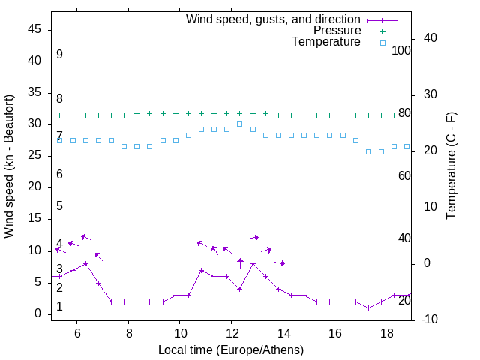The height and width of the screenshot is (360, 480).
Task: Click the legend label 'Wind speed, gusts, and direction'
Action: [273, 19]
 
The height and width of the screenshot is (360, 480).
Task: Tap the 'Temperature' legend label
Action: [326, 43]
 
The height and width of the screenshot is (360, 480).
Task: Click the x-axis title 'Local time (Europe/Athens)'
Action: [231, 349]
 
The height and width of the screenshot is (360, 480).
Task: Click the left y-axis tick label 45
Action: [34, 29]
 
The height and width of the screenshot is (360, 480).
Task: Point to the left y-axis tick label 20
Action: [34, 187]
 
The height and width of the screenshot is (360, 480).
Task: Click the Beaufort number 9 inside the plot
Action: [59, 55]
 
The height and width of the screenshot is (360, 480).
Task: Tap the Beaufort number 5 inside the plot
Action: [59, 206]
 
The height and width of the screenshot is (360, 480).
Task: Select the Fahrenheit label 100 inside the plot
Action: [402, 50]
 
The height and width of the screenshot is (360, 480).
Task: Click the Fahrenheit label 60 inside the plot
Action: [404, 175]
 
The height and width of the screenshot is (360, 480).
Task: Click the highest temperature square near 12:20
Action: [240, 124]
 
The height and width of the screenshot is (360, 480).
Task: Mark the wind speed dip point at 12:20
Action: [240, 289]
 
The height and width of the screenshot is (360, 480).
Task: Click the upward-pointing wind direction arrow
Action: [240, 262]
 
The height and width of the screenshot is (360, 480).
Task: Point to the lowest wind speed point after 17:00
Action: [368, 307]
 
